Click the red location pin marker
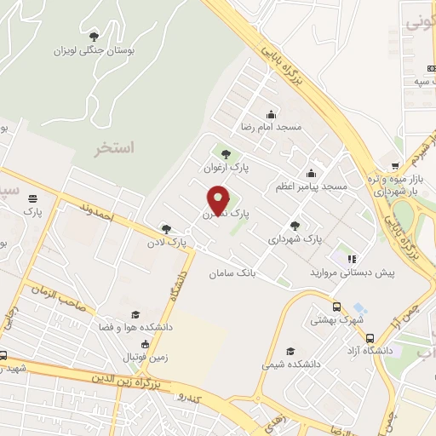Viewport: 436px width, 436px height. (219, 200)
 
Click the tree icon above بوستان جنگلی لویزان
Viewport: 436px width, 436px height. (94, 36)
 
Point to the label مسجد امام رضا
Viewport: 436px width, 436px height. (272, 127)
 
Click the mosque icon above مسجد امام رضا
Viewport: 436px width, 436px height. (272, 114)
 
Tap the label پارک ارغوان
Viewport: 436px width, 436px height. (226, 168)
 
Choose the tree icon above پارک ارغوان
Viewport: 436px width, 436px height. (226, 154)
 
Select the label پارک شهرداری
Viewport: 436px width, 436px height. (295, 240)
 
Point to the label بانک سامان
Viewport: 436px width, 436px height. (232, 274)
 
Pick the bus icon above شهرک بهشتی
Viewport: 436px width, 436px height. (337, 307)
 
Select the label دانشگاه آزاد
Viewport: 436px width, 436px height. (382, 350)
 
